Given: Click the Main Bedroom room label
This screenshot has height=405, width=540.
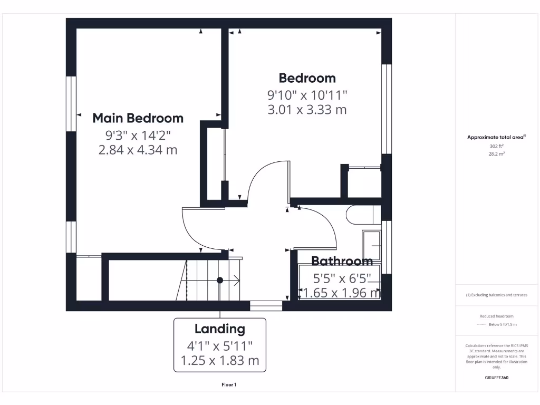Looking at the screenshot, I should tap(138, 118).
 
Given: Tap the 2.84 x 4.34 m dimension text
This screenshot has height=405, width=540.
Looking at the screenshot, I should tap(138, 150).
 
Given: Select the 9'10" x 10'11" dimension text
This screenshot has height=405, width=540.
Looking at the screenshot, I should tap(307, 95).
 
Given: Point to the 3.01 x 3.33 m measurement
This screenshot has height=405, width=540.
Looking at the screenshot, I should tap(307, 110).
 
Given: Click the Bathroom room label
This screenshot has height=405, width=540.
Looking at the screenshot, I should tap(342, 261).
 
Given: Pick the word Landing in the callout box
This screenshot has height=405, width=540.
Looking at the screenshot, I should tap(220, 329).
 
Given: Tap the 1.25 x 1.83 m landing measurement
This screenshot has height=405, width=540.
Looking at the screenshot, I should tap(220, 361).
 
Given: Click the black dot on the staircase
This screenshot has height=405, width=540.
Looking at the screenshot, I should tap(220, 280).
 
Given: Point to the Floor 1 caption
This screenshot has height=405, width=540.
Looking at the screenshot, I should tap(229, 385).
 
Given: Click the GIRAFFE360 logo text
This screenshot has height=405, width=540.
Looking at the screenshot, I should tap(497, 378).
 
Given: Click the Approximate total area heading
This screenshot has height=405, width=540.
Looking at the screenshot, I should tap(496, 137).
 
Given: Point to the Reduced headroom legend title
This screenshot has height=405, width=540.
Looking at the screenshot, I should tap(496, 316).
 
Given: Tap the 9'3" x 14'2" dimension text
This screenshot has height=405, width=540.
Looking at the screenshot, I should tap(138, 135).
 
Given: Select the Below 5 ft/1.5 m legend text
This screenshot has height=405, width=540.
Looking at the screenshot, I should tap(503, 324).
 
